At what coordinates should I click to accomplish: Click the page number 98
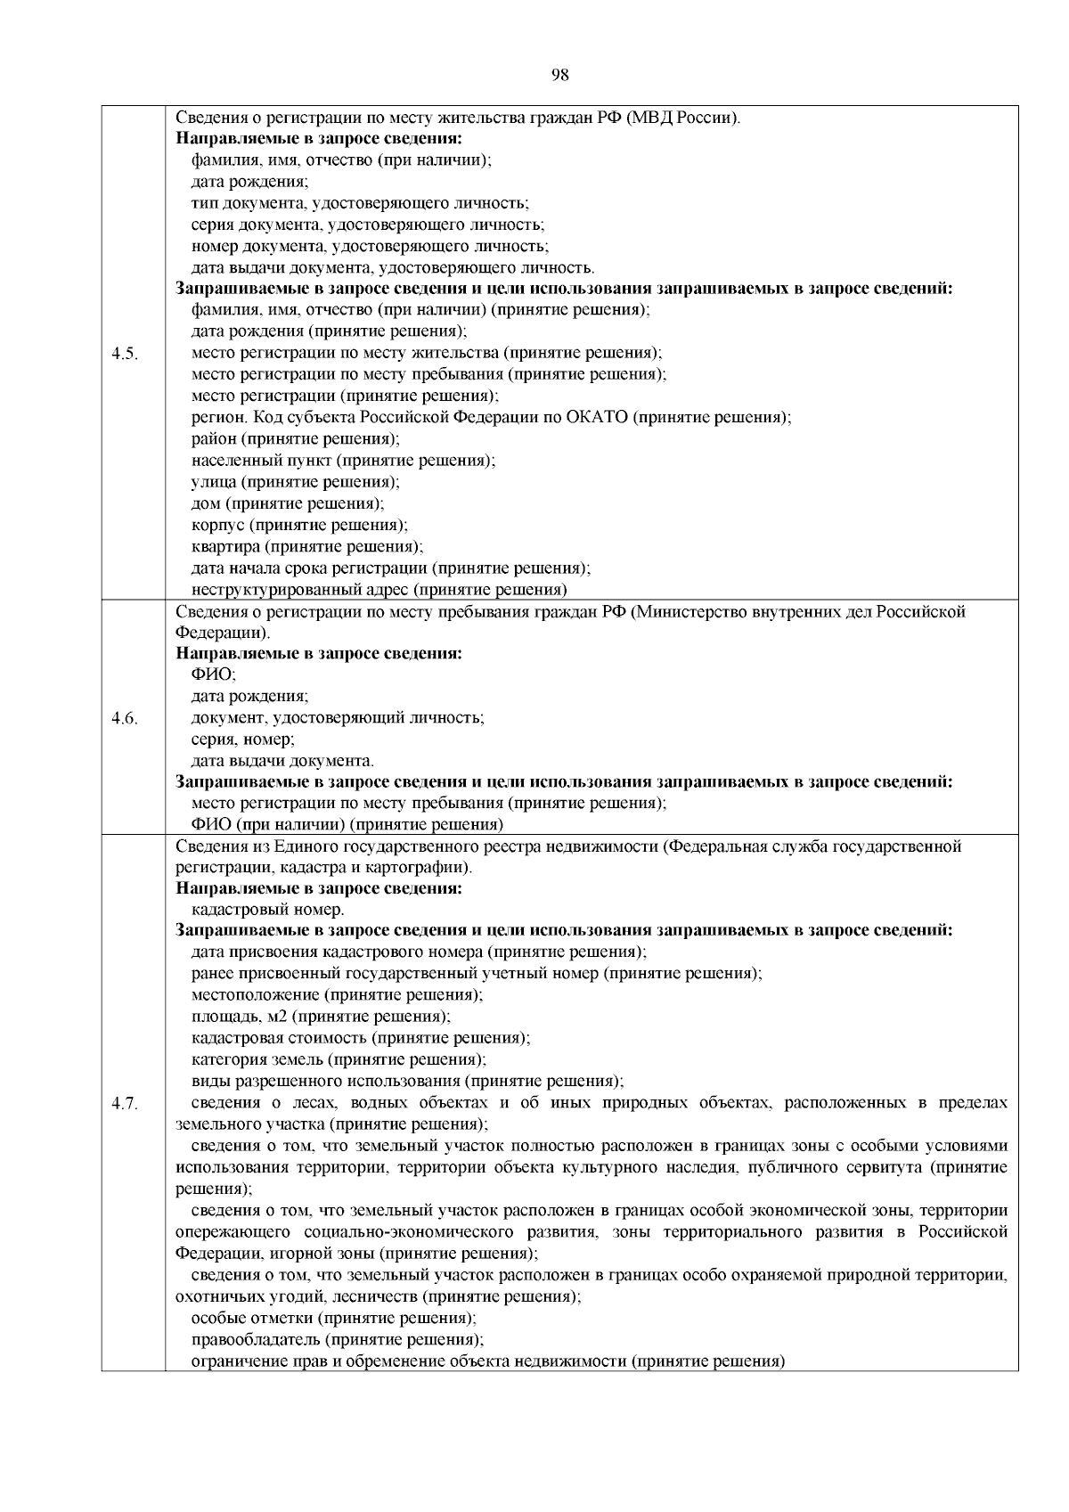click(x=559, y=76)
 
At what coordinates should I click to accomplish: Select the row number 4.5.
click(x=124, y=354)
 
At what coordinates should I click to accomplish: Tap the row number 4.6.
click(x=124, y=718)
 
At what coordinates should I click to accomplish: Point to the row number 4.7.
click(x=124, y=1104)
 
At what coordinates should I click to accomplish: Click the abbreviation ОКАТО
click(x=597, y=418)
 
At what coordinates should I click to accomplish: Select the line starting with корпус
click(x=299, y=526)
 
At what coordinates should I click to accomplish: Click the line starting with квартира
click(x=307, y=547)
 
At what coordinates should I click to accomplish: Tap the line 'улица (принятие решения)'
click(x=296, y=483)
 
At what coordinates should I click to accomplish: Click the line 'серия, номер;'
click(x=243, y=740)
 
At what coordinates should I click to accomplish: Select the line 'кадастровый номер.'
click(x=268, y=910)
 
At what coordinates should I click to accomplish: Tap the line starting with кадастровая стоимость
click(x=361, y=1038)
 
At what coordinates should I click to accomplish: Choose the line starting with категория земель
click(x=339, y=1059)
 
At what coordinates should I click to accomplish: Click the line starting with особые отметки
click(x=334, y=1318)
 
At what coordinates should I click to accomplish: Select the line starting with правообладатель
click(x=338, y=1339)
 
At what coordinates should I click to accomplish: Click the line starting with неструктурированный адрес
click(x=379, y=590)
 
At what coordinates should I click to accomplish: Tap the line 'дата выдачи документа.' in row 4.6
click(x=282, y=761)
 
